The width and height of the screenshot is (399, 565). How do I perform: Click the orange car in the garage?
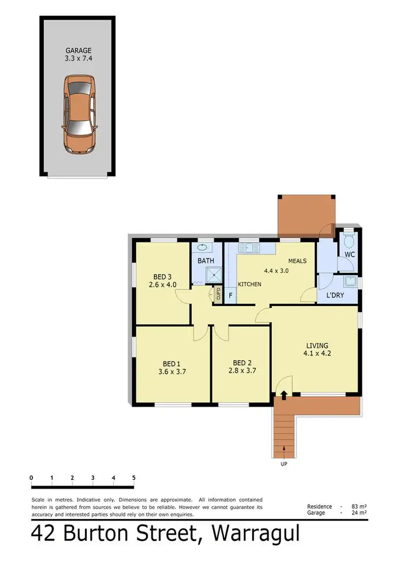80,114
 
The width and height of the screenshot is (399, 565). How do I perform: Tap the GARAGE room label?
78,51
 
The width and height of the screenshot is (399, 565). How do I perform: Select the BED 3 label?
162,277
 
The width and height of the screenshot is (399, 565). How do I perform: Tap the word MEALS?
297,261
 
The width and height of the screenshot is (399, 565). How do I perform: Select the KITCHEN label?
249,284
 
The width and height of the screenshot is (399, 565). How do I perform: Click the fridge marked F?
230,295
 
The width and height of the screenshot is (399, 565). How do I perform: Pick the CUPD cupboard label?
218,293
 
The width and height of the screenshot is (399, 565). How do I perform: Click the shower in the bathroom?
214,276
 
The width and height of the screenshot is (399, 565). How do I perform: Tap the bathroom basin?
203,247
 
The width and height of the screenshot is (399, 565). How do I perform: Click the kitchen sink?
248,247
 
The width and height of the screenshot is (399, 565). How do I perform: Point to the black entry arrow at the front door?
284,395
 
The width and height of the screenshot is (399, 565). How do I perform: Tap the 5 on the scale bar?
134,478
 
